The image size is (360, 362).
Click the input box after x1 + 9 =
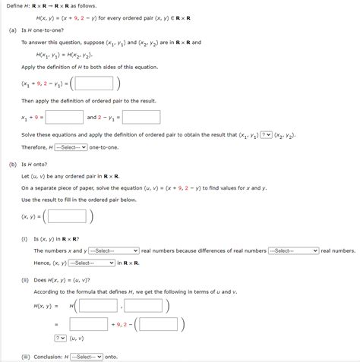coord(64,118)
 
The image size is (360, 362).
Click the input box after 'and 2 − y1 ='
coord(141,118)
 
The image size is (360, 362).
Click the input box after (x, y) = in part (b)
coord(68,217)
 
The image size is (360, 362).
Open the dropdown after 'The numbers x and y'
coord(114,250)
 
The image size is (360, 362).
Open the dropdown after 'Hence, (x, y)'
coord(91,263)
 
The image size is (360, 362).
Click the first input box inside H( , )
coord(98,306)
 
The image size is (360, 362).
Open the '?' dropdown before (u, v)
coord(61,338)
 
